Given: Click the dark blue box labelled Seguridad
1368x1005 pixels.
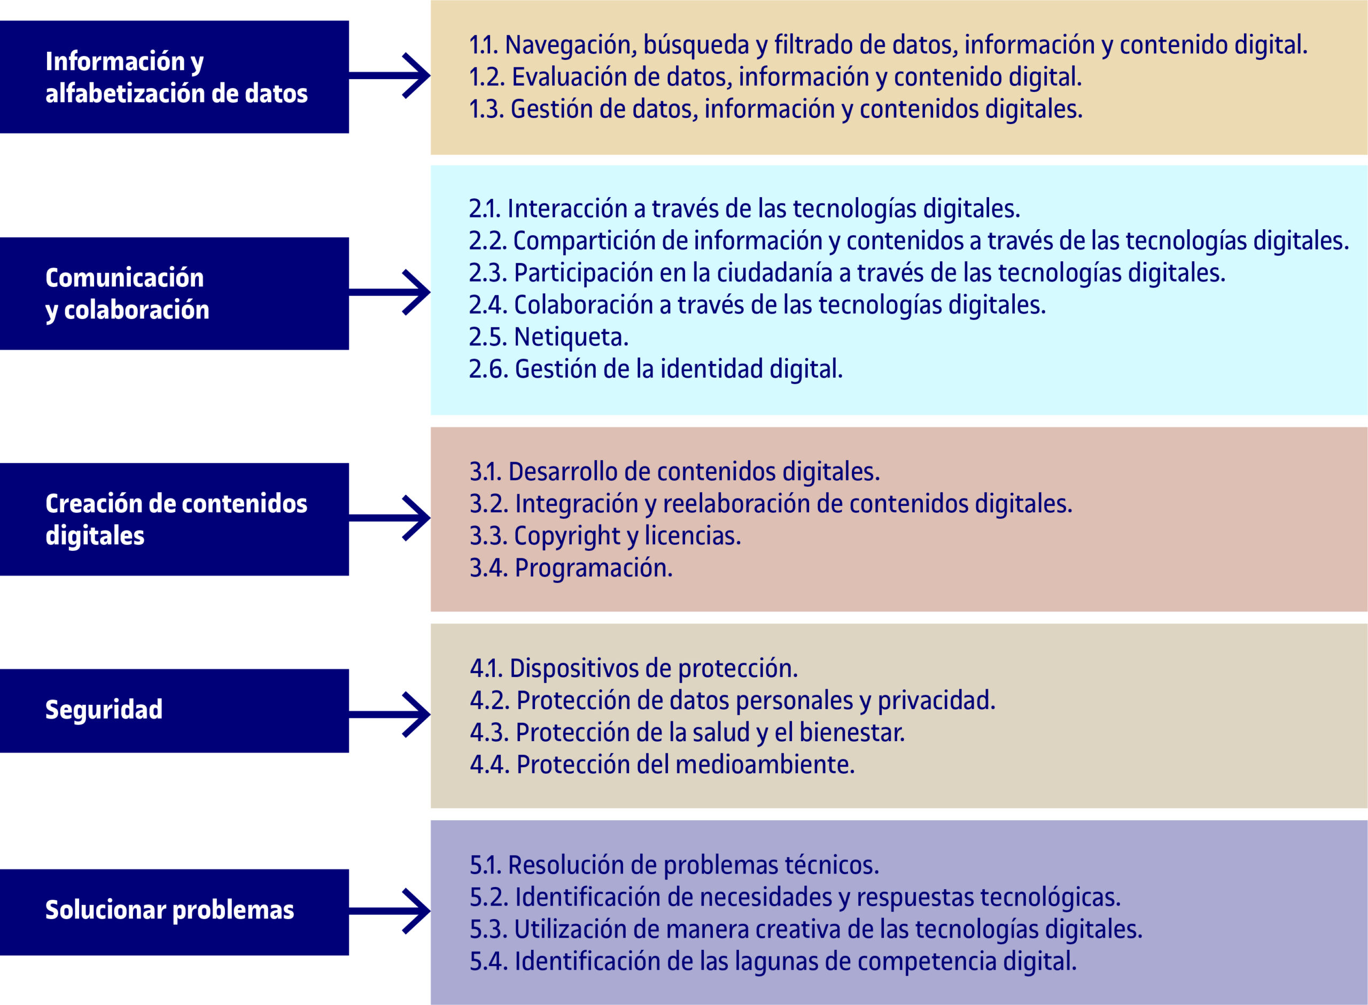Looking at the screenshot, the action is pyautogui.click(x=174, y=711).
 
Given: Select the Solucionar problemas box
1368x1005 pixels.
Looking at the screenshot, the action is pyautogui.click(x=174, y=912).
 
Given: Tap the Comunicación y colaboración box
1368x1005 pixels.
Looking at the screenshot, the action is pyautogui.click(x=174, y=293).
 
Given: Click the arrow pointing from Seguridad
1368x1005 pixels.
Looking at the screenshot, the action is pyautogui.click(x=390, y=715).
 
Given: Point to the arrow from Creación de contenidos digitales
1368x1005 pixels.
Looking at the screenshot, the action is pyautogui.click(x=390, y=518).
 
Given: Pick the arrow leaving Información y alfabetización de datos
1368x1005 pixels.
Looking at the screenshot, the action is pyautogui.click(x=390, y=75).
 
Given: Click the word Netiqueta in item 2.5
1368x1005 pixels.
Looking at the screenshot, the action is pyautogui.click(x=571, y=337).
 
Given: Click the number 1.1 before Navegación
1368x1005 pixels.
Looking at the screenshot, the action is pyautogui.click(x=484, y=45).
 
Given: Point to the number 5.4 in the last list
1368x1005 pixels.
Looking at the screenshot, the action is pyautogui.click(x=488, y=962).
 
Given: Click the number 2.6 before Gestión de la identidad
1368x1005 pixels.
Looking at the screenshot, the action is pyautogui.click(x=488, y=369).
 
